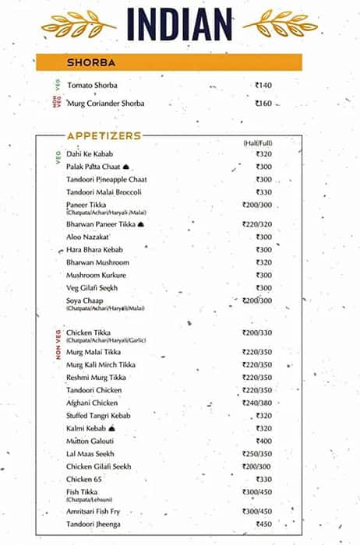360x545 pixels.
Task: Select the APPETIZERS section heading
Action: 104,135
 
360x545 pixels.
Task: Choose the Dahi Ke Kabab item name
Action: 90,154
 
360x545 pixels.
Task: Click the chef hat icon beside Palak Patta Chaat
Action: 126,167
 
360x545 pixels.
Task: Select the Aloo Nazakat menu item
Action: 86,236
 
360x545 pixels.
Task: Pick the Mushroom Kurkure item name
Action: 96,275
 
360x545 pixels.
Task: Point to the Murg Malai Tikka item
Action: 94,352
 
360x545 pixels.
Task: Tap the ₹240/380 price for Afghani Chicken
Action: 257,403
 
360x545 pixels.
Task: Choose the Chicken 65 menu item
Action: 83,479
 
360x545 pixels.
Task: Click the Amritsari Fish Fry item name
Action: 97,512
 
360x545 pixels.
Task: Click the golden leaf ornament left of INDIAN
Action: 78,23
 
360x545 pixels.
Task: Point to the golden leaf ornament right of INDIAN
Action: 281,23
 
